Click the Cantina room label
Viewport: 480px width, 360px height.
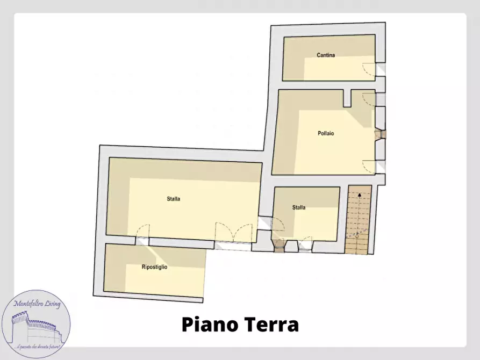point(326,55)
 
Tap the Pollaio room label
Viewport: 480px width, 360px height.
point(326,133)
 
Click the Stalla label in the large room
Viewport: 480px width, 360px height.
point(173,198)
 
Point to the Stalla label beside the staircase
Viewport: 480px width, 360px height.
point(299,207)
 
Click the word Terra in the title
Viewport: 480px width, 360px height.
point(271,325)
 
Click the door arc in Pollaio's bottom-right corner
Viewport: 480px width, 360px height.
point(370,166)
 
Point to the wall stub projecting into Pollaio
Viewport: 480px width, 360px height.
point(347,98)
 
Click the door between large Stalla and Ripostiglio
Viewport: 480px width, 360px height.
point(141,234)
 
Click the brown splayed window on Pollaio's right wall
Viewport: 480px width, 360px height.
point(381,134)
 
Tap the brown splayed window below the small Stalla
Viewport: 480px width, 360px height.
point(280,246)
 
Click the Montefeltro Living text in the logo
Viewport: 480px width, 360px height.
point(37,304)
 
